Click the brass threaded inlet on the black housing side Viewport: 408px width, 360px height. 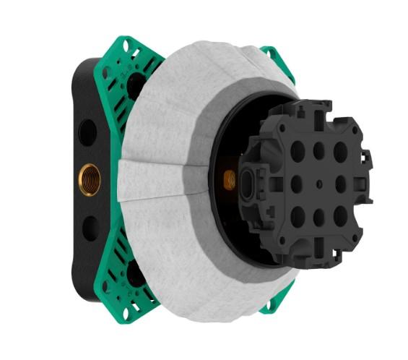point(91,176)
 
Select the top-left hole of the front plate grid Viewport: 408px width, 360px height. point(297,153)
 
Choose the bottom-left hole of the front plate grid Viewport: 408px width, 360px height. point(297,213)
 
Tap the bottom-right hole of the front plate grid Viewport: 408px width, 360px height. point(339,215)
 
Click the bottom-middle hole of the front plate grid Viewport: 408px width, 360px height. point(318,215)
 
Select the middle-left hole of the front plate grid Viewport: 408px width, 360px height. point(296,184)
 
